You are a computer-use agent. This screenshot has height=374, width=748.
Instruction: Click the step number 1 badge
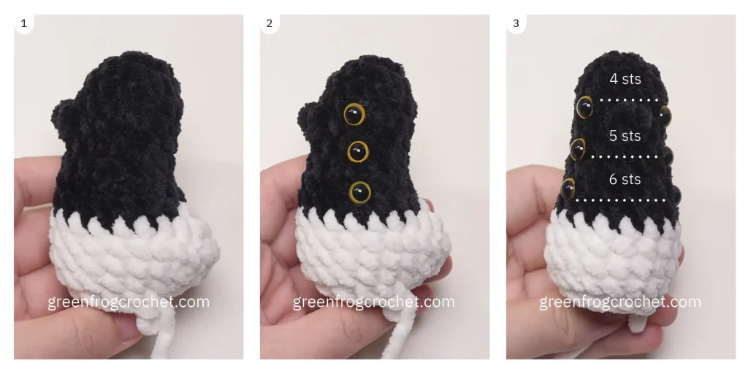24,24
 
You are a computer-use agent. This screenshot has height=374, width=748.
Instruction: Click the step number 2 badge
270,24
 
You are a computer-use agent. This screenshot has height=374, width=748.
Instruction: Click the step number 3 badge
516,24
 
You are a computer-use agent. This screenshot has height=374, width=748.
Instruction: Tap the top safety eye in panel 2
354,113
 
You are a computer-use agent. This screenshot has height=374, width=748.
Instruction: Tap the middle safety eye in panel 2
358,152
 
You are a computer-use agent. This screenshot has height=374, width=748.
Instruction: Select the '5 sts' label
625,136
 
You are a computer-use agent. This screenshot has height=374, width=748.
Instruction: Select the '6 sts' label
625,179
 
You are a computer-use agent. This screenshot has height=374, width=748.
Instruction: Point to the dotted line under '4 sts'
628,99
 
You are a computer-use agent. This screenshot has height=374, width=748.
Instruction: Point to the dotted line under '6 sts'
621,199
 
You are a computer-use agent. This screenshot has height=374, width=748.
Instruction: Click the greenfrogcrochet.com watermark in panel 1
129,302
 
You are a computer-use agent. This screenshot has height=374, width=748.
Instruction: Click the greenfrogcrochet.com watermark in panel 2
374,302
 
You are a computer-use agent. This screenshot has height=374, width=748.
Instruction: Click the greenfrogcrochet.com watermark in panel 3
620,302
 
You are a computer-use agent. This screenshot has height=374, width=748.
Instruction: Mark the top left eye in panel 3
584,107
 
